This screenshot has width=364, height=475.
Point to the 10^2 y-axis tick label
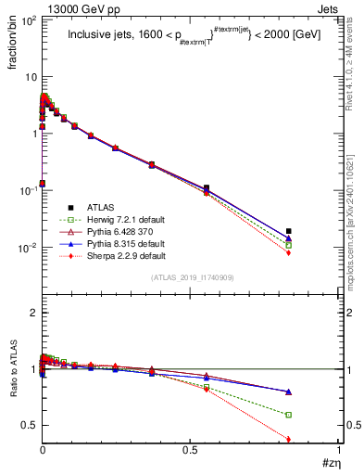pos(26,19)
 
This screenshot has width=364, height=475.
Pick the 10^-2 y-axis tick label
pos(26,248)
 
